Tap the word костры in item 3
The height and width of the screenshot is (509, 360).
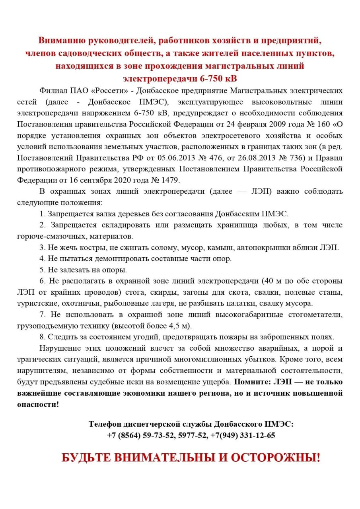93,247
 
